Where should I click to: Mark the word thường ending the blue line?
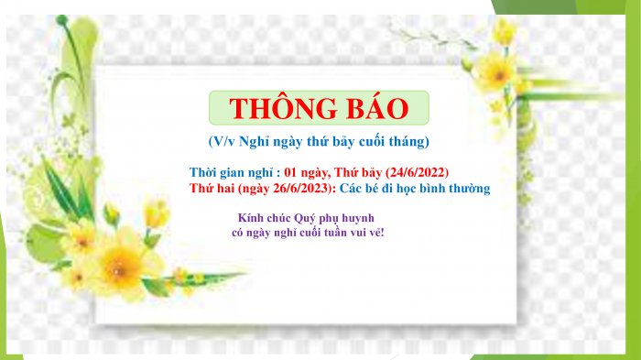pyautogui.click(x=468, y=189)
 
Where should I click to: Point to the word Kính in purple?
pyautogui.click(x=250, y=217)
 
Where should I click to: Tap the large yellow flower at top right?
pyautogui.click(x=496, y=71)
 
